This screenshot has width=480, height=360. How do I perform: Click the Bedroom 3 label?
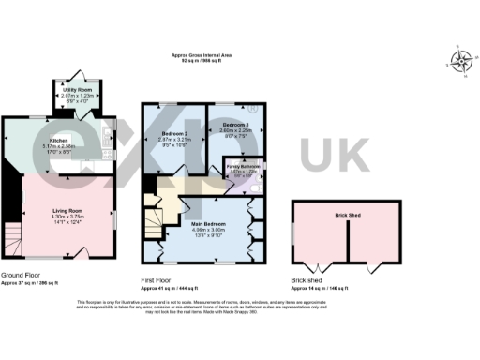tap(234, 126)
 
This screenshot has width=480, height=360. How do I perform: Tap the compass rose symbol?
tap(461, 62)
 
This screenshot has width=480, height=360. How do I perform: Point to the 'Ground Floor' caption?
tap(20, 274)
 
